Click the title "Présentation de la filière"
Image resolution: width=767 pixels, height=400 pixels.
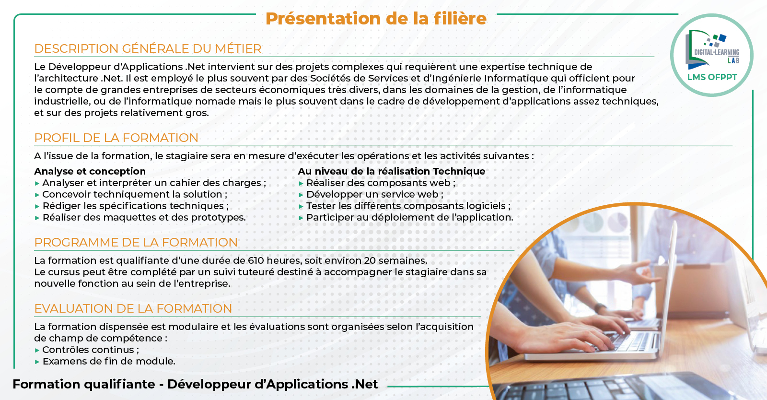tap(376, 19)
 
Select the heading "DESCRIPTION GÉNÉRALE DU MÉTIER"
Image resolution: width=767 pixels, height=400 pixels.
tap(148, 48)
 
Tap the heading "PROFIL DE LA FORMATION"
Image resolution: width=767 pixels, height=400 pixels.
tap(116, 138)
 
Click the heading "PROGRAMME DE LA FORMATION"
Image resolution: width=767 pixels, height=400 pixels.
tap(136, 242)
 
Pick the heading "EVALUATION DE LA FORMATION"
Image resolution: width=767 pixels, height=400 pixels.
tap(133, 308)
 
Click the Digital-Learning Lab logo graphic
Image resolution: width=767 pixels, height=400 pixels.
tap(712, 49)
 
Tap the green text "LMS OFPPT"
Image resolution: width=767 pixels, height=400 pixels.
tap(712, 77)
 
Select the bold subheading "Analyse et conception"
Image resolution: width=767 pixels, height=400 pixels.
tap(90, 171)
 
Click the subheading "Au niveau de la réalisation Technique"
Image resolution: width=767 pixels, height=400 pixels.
tap(391, 171)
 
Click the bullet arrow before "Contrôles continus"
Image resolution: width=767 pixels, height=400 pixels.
tap(37, 350)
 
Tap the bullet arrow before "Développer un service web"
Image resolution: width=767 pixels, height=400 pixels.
tap(301, 195)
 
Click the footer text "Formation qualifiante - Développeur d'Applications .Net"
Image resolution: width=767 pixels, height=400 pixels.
tap(195, 384)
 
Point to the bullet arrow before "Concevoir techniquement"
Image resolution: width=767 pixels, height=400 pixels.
tap(37, 195)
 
